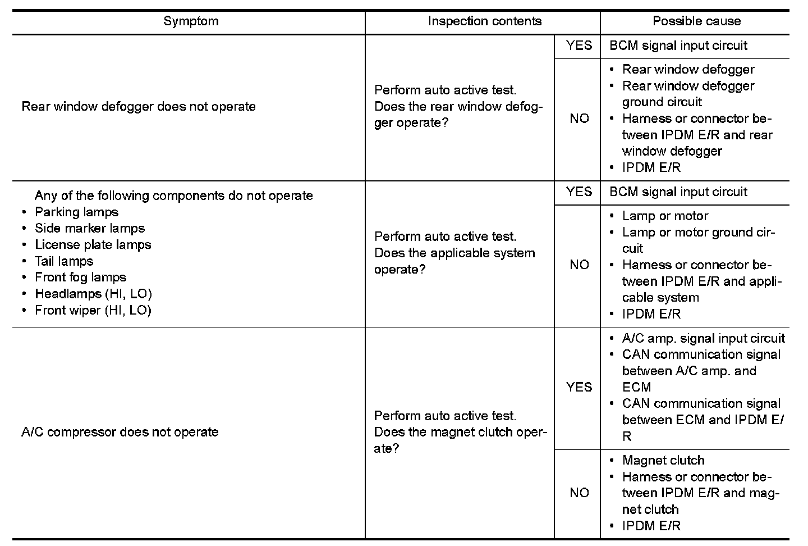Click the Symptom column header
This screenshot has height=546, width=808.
pyautogui.click(x=191, y=21)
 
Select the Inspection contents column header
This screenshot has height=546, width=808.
pyautogui.click(x=484, y=21)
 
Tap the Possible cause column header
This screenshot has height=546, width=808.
pyautogui.click(x=696, y=21)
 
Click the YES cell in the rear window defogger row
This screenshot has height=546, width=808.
pyautogui.click(x=579, y=46)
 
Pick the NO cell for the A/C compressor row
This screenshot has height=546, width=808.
pyautogui.click(x=579, y=493)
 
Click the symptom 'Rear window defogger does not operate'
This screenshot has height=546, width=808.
pyautogui.click(x=139, y=107)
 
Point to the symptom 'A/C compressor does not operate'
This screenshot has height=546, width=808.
pyautogui.click(x=120, y=432)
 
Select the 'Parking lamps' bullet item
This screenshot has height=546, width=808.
pyautogui.click(x=77, y=212)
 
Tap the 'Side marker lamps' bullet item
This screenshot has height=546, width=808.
pyautogui.click(x=90, y=229)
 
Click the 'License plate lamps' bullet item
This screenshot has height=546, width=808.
pyautogui.click(x=93, y=245)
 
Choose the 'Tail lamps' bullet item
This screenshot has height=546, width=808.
pyautogui.click(x=64, y=261)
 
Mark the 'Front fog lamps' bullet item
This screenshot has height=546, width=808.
pyautogui.click(x=81, y=277)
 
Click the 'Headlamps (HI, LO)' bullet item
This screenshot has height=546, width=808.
pyautogui.click(x=93, y=294)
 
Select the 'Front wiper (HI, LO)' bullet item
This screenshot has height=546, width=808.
pyautogui.click(x=93, y=310)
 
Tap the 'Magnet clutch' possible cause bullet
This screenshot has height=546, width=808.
pyautogui.click(x=663, y=461)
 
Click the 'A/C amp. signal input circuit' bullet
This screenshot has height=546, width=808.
pyautogui.click(x=704, y=338)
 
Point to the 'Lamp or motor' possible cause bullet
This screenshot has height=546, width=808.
pyautogui.click(x=665, y=216)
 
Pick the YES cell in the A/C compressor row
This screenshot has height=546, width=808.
pyautogui.click(x=579, y=387)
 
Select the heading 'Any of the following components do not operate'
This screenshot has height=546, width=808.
pyautogui.click(x=174, y=196)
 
